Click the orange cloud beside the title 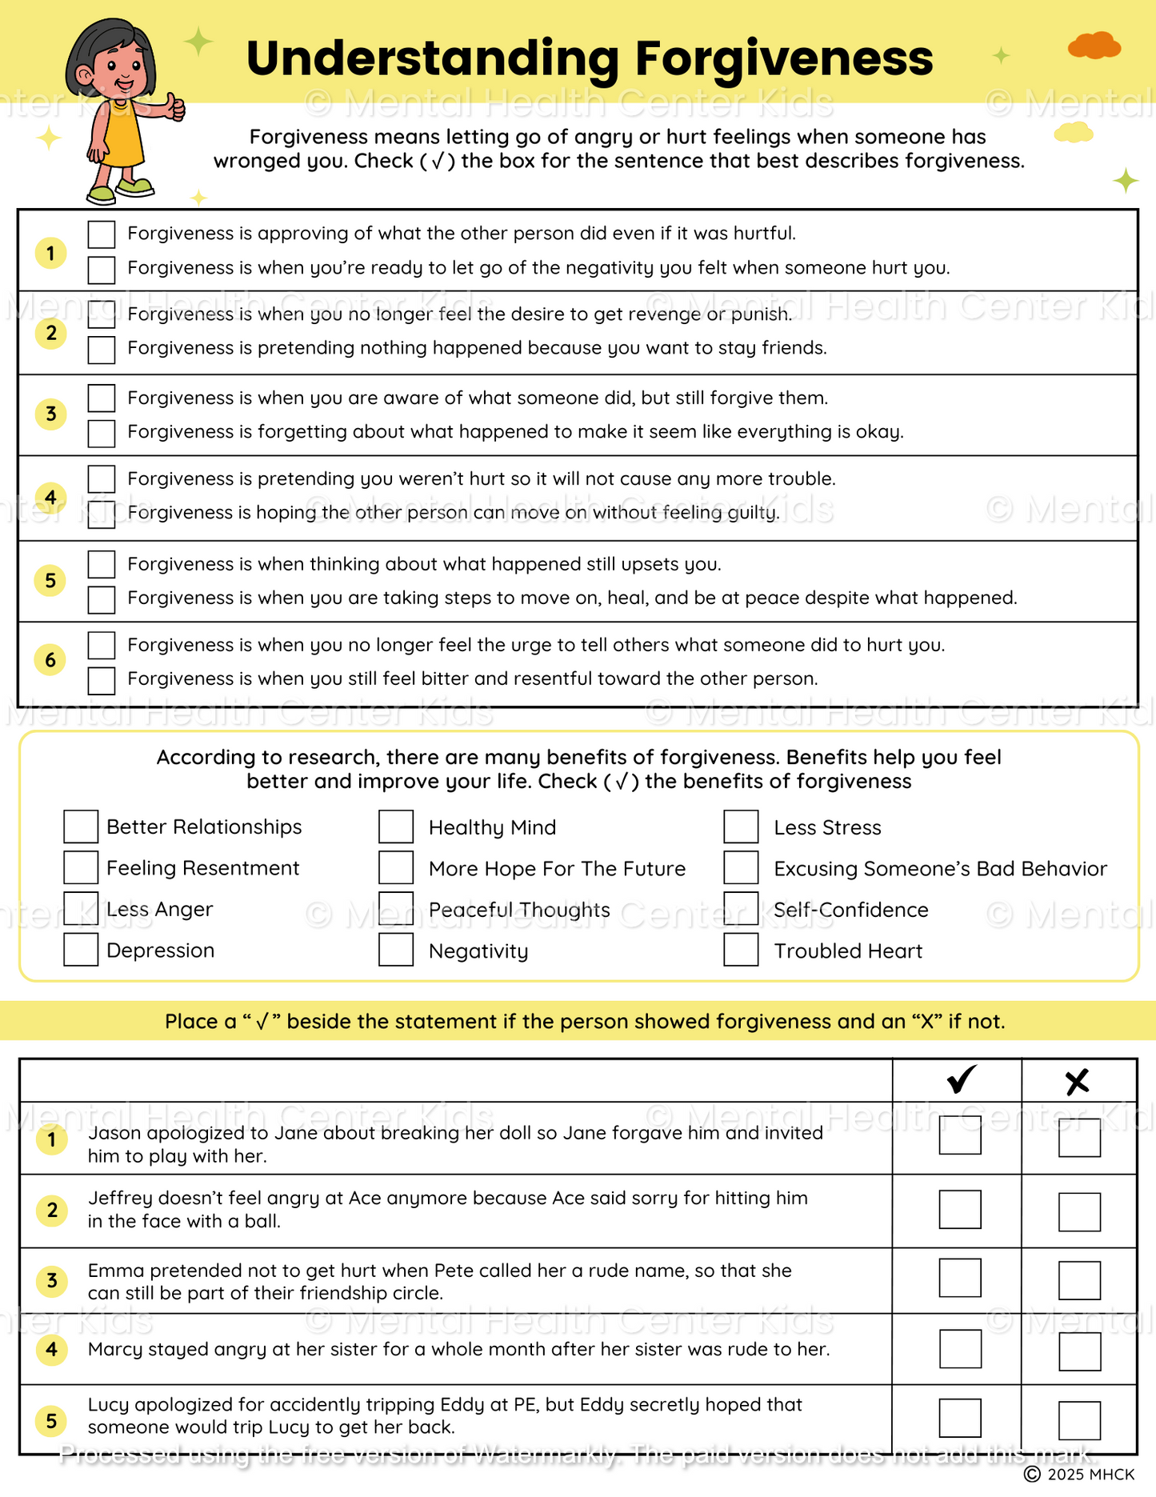pos(1094,46)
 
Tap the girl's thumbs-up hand pos(174,107)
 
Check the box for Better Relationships pos(81,827)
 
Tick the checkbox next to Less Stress pos(741,827)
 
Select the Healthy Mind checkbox pos(396,827)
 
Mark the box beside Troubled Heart pos(741,950)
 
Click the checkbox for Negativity pos(396,950)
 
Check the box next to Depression pos(81,950)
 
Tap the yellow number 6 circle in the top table pos(50,660)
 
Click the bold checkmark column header pos(961,1080)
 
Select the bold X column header pos(1078,1082)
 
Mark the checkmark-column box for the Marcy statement pos(960,1350)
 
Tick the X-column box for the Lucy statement pos(1079,1420)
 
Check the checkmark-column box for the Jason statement pos(960,1135)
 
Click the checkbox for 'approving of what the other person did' pos(102,234)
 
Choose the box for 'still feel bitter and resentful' pos(102,680)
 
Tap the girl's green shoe pos(134,187)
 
